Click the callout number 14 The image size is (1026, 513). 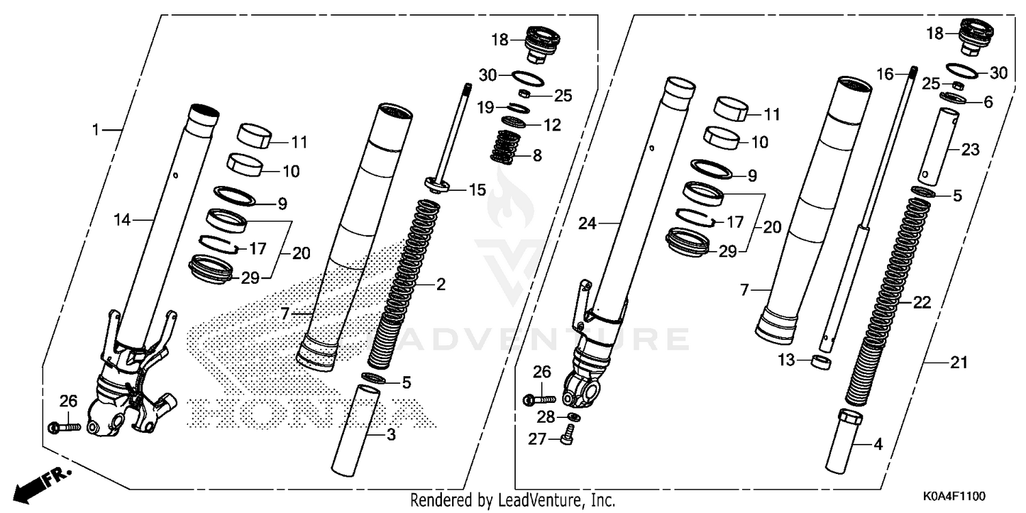[122, 220]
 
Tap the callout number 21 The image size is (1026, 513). [960, 363]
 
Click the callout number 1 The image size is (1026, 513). [96, 129]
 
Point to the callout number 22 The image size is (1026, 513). [922, 302]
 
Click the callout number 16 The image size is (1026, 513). [885, 74]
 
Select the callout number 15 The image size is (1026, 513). [477, 189]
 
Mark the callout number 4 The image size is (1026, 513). [878, 445]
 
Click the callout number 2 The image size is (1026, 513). [441, 285]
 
